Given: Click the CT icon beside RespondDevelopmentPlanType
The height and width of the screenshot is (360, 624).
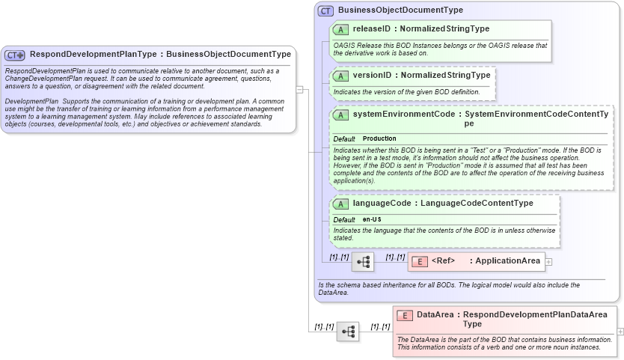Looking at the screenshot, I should (15, 55).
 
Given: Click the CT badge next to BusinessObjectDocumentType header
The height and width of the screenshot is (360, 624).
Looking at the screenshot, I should (325, 10).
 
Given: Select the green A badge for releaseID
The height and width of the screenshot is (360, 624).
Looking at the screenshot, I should (340, 29).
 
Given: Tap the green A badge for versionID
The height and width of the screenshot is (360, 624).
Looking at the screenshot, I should (340, 76).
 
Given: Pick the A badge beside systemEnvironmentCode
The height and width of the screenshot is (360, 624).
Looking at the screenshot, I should (340, 115).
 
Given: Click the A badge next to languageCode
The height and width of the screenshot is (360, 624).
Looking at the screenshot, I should (340, 204).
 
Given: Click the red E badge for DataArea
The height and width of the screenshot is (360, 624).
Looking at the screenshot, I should (405, 316).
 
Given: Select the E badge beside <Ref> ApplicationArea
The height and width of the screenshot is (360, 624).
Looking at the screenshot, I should (420, 261).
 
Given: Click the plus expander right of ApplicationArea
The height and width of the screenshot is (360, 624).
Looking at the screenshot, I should (548, 262).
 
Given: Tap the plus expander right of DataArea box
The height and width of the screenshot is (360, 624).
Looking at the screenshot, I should (620, 331).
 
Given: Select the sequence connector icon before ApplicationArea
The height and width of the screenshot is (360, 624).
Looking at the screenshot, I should (363, 262).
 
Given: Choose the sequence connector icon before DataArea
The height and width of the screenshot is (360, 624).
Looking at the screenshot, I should (348, 331).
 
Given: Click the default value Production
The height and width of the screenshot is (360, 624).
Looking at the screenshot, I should (379, 139).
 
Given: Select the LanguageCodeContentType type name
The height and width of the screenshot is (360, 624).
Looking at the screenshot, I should (477, 204).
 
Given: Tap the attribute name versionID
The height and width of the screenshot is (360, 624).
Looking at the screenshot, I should (372, 76).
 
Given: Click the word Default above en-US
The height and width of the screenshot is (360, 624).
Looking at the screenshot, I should (343, 219).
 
